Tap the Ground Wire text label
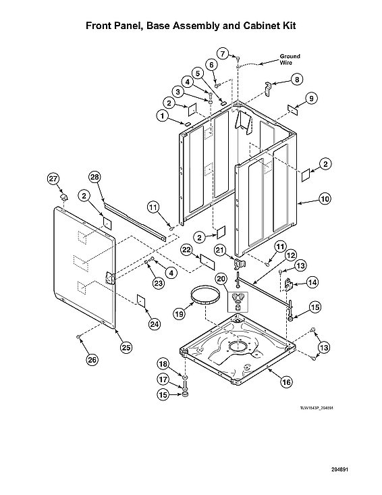[x=290, y=59]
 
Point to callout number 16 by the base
[x=286, y=382]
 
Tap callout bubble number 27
[x=53, y=178]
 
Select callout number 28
[x=94, y=177]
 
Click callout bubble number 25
[x=126, y=347]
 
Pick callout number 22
[x=187, y=250]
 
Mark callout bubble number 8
[x=296, y=80]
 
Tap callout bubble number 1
[x=163, y=115]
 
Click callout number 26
[x=90, y=359]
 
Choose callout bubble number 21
[x=219, y=250]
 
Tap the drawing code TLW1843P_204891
[x=317, y=408]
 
